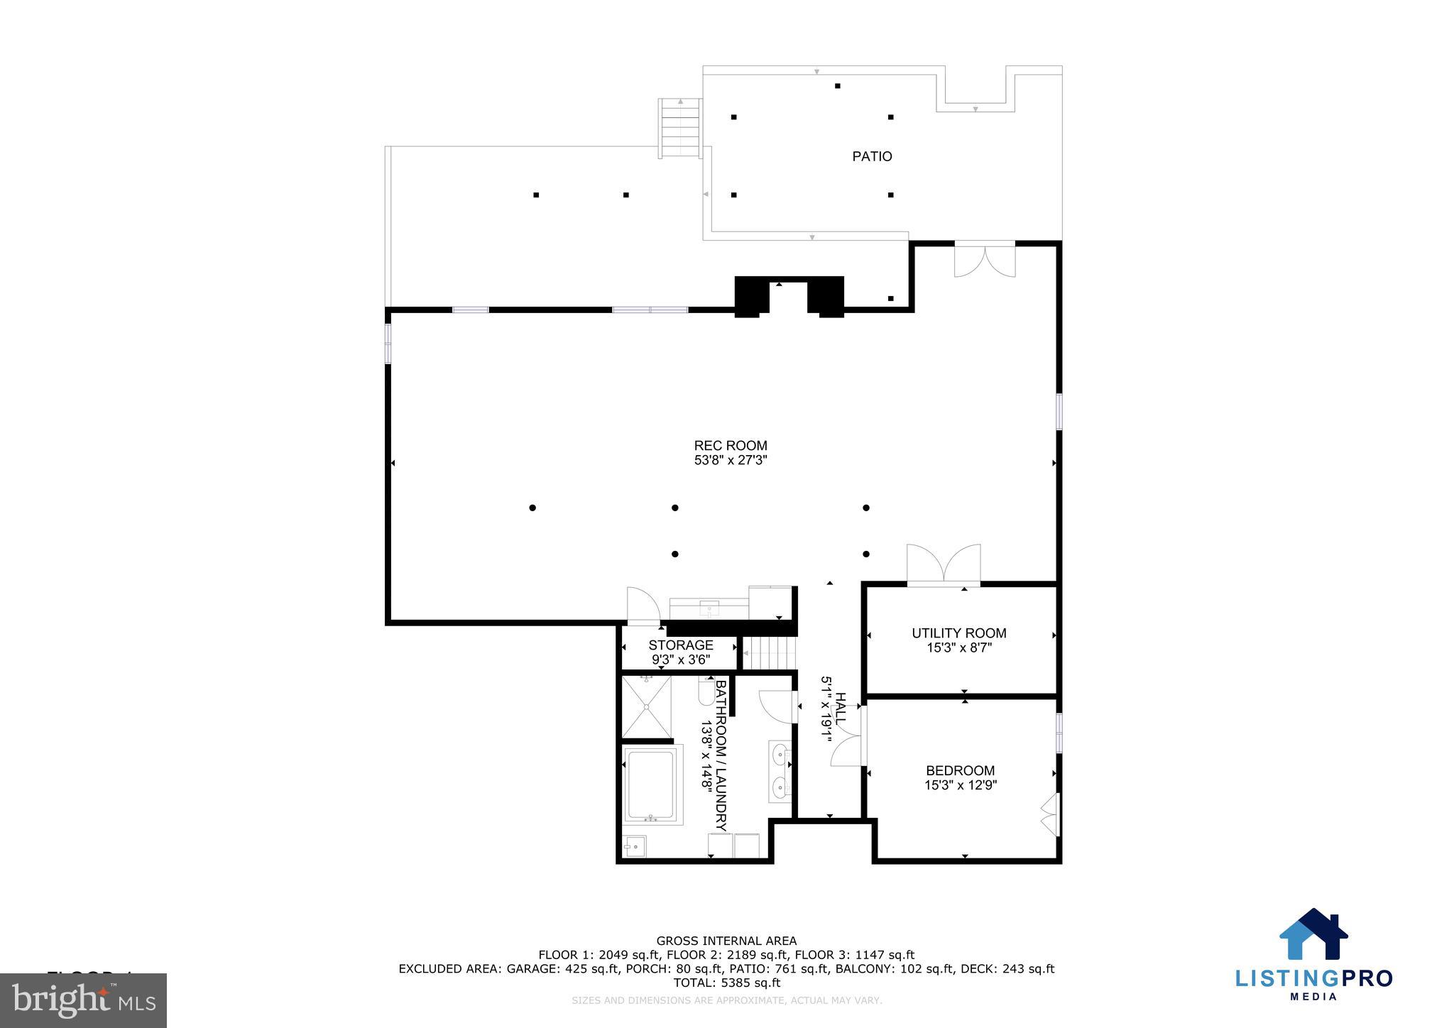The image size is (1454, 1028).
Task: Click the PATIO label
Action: tap(872, 156)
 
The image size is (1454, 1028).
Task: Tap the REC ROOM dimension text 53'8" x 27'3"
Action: tap(731, 460)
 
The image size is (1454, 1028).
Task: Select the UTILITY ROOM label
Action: tap(958, 633)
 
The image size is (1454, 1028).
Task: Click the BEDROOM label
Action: tap(960, 770)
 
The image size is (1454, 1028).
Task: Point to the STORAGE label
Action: tap(680, 645)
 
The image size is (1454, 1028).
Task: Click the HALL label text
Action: tap(840, 709)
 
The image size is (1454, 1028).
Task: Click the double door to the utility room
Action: tap(944, 565)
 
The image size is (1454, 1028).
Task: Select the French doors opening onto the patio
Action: tap(984, 260)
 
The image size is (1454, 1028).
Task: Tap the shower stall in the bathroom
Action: tap(645, 706)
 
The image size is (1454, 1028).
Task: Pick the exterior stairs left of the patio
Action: tap(681, 128)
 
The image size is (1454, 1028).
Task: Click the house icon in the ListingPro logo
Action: tap(1313, 935)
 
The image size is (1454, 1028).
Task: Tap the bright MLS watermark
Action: tap(83, 1000)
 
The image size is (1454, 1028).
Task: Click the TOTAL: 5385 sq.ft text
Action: tap(726, 983)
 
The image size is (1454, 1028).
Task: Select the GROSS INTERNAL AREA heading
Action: tap(726, 941)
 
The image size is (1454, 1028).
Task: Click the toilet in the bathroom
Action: tap(706, 692)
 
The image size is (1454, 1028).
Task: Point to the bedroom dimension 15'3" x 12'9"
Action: tap(960, 785)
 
